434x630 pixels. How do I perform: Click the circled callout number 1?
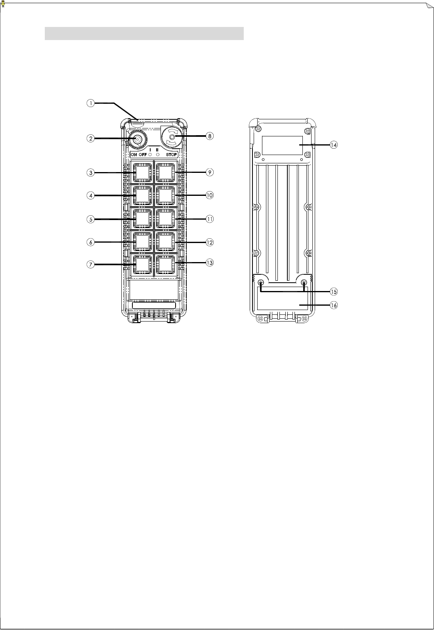click(x=91, y=103)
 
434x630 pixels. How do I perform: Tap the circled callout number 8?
click(x=210, y=136)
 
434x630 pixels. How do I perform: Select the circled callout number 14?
click(x=334, y=145)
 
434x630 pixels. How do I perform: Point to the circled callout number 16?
click(x=334, y=305)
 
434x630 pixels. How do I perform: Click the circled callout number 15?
click(x=334, y=291)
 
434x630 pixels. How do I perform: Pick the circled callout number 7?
click(x=91, y=264)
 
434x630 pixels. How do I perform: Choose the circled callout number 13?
click(x=210, y=262)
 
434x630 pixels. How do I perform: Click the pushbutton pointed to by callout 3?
click(x=141, y=172)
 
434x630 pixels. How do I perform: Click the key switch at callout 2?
click(x=137, y=140)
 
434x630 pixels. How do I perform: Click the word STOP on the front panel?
click(x=171, y=155)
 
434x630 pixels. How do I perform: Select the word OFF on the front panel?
click(x=143, y=155)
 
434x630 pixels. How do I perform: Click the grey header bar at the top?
click(x=143, y=34)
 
